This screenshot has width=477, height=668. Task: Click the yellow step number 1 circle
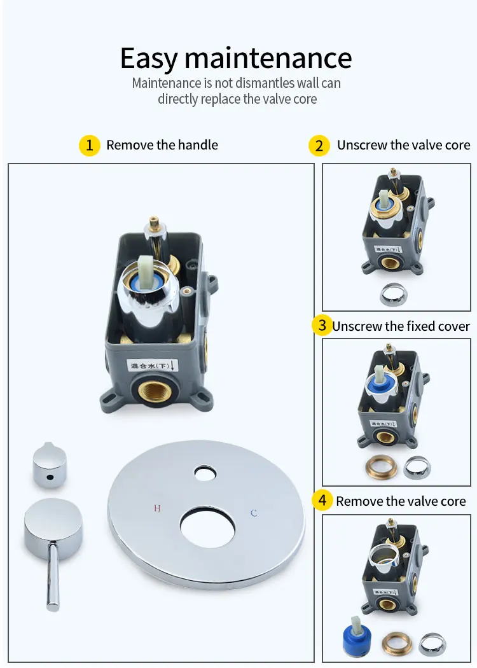click(90, 145)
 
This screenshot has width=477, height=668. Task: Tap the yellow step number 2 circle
click(319, 145)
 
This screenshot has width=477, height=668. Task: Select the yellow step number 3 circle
click(322, 326)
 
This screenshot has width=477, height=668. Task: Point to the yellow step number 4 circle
click(322, 501)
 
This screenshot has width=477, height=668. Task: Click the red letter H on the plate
click(157, 508)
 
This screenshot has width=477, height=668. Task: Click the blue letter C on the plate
click(254, 513)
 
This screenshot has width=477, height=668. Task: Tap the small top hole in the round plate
click(205, 473)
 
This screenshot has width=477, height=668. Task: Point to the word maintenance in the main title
click(268, 59)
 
